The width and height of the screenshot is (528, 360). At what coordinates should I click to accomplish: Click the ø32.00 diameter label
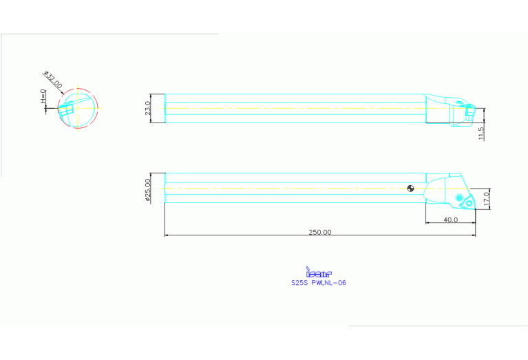tap(53, 81)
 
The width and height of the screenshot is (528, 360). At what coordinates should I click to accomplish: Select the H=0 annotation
tap(43, 98)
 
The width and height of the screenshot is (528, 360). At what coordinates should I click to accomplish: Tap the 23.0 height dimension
tap(148, 109)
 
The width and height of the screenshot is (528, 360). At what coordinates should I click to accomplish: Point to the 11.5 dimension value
tap(481, 133)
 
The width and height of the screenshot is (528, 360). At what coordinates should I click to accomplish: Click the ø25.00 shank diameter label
tap(148, 189)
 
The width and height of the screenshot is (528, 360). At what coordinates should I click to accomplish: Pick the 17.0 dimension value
tap(486, 199)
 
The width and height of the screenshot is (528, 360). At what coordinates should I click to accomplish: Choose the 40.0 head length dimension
tap(450, 220)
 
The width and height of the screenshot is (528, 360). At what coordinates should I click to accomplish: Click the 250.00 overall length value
tap(319, 232)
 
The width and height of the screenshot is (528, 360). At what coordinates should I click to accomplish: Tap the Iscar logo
tap(318, 273)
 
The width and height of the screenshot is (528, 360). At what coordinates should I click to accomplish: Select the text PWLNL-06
tap(328, 282)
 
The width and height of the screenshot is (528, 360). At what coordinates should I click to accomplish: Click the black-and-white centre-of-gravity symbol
tap(410, 188)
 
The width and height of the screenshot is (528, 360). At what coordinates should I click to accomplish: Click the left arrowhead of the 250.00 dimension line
tap(167, 235)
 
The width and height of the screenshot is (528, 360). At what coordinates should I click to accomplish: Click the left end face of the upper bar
tap(165, 109)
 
